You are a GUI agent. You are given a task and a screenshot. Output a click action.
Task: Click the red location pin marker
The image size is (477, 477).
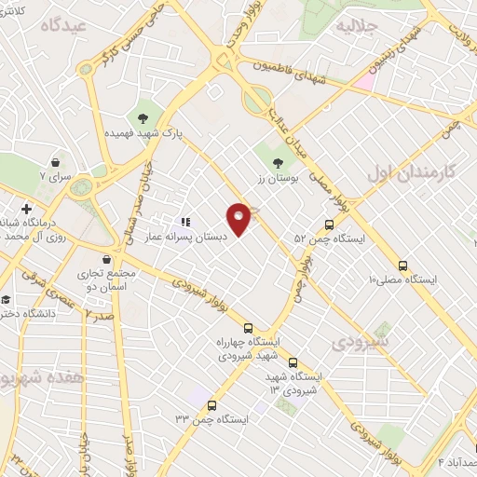tap(240, 217)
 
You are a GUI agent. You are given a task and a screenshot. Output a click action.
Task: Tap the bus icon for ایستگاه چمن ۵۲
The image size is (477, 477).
tap(329, 225)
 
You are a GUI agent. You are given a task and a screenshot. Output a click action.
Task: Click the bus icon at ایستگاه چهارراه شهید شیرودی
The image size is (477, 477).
tap(248, 328)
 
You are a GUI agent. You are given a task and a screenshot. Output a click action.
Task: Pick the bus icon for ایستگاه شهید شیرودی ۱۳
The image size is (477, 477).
tap(293, 362)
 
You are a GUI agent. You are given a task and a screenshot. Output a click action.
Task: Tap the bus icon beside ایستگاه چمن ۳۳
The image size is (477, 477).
tap(212, 405)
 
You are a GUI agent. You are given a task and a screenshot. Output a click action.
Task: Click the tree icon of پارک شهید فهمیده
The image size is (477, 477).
tap(143, 117)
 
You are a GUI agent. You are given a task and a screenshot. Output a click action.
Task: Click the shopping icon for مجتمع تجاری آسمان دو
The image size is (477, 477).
tap(110, 259)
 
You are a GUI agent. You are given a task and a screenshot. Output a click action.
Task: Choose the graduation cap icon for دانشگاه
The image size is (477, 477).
tap(7, 300)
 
